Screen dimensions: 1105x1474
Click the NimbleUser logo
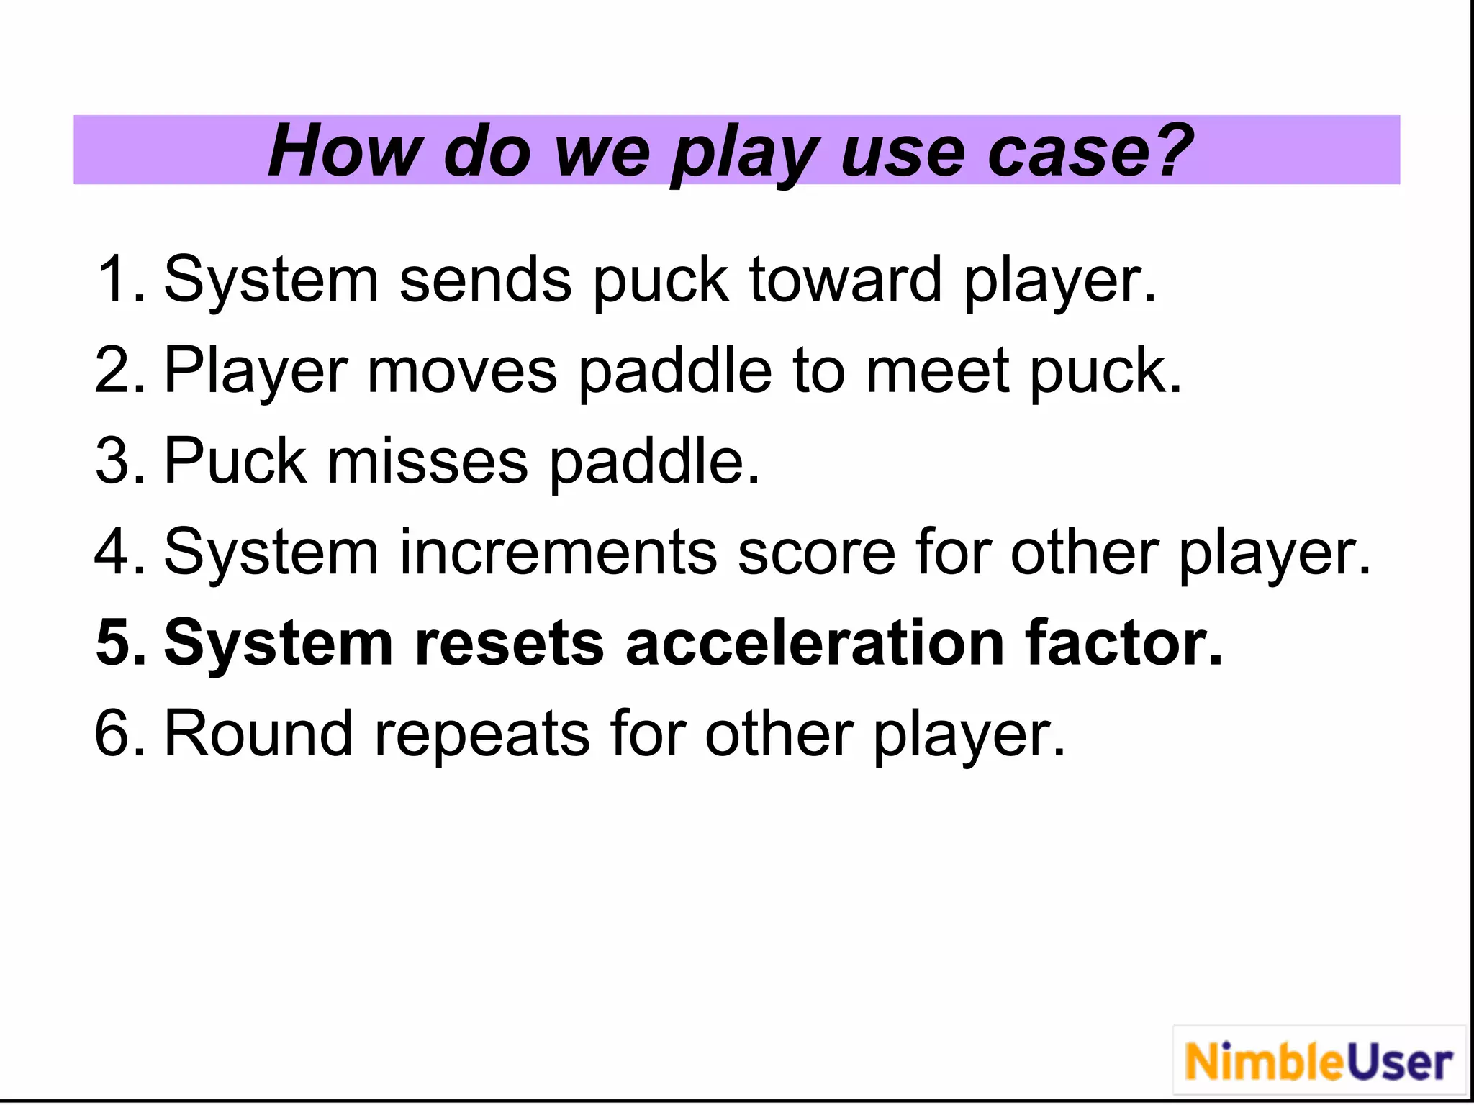pos(1319,1062)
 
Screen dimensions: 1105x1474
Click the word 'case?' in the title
pos(1090,151)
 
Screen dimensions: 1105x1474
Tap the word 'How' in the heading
pos(344,151)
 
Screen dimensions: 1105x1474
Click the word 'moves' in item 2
pos(462,370)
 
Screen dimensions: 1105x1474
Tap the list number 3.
pos(115,461)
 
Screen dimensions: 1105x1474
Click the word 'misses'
pos(428,461)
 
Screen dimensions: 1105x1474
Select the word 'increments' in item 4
pos(558,552)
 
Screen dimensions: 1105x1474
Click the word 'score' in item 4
pos(816,552)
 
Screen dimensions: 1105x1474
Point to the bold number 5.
pos(115,642)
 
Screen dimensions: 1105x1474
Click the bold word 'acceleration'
pos(815,642)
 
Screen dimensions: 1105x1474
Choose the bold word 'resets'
pos(509,642)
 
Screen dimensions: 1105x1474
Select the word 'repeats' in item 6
pos(481,734)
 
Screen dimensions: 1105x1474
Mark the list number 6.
pos(115,734)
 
